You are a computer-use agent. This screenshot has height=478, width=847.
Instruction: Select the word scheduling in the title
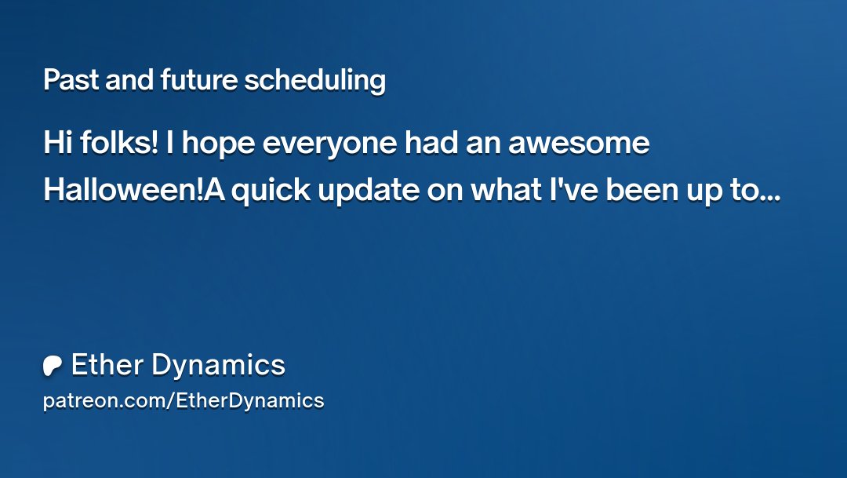click(314, 80)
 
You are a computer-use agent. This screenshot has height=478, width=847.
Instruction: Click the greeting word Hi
click(56, 144)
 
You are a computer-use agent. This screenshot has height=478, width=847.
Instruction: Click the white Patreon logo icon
click(53, 366)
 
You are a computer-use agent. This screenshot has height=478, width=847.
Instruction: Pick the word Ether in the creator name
click(105, 365)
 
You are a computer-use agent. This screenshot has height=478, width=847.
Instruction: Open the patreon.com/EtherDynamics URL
click(184, 401)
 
